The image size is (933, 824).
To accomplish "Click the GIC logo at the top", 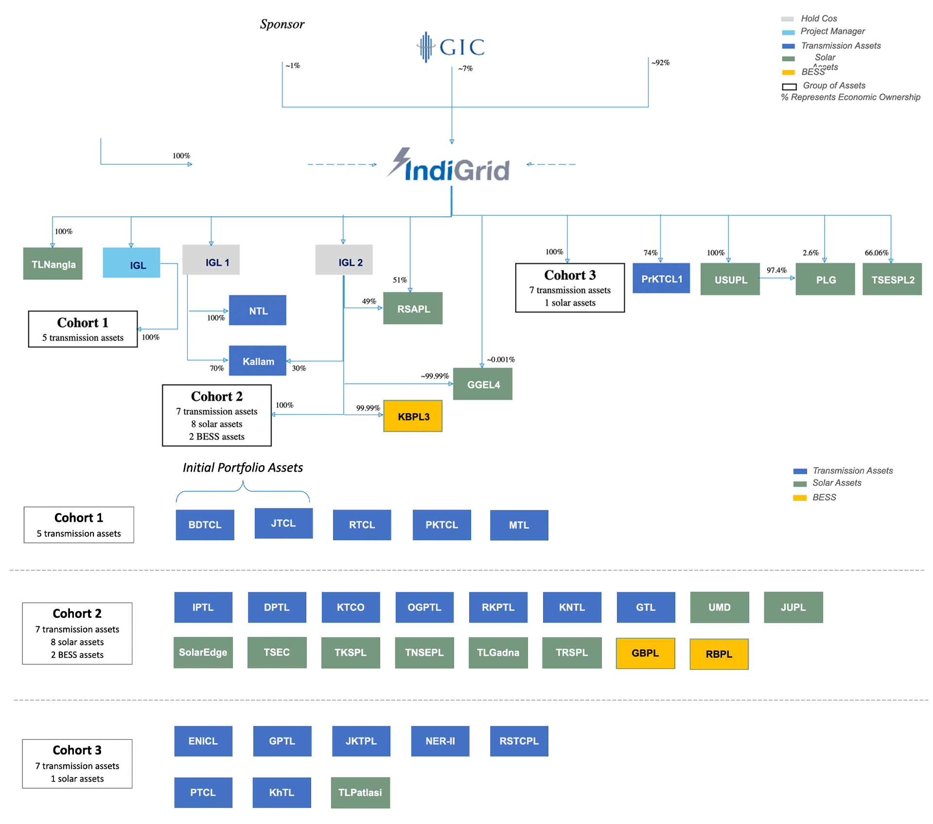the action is click(451, 47).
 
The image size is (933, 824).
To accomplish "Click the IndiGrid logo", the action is click(448, 165).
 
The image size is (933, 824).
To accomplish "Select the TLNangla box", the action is click(53, 263).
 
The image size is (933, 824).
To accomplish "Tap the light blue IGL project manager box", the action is click(131, 263).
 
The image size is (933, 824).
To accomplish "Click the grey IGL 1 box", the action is click(211, 260).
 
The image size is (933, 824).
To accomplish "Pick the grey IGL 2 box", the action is click(344, 260).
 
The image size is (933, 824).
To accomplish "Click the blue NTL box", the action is click(258, 310).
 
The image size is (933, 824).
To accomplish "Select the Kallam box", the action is click(258, 361).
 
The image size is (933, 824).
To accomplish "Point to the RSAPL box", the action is click(413, 308).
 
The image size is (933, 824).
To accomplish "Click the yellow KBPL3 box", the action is click(413, 416).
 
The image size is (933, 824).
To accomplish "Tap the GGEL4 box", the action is click(483, 384).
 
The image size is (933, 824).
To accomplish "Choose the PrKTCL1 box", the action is click(661, 278).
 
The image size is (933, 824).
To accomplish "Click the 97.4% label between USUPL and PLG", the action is click(776, 270).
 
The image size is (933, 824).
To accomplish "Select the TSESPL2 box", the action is click(892, 279).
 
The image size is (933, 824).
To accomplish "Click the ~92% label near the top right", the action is click(661, 63).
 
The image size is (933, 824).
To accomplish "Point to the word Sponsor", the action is click(282, 24).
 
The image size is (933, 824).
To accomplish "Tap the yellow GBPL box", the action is click(646, 653).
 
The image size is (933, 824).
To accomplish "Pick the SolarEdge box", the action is click(203, 652).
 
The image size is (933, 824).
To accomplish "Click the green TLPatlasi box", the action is click(360, 793).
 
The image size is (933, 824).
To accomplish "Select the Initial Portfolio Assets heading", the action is click(243, 468).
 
